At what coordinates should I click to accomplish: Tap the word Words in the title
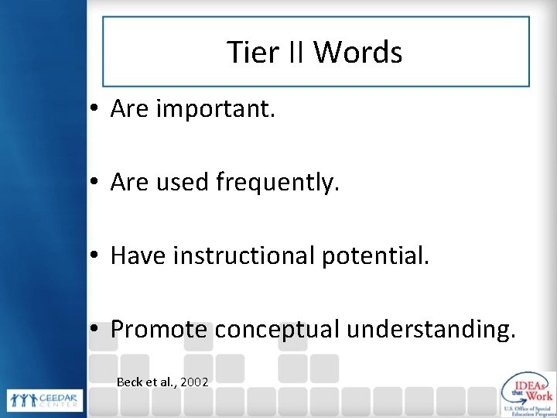357,53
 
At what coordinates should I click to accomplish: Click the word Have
140,255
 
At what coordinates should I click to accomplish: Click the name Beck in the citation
129,382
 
